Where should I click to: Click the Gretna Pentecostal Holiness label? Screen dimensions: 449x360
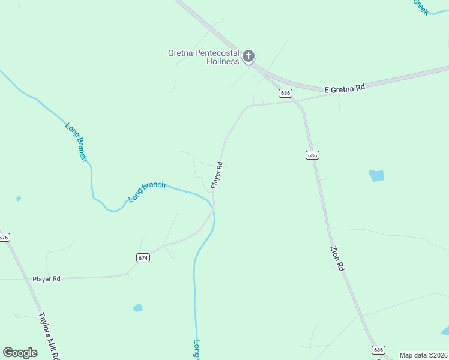pyautogui.click(x=203, y=57)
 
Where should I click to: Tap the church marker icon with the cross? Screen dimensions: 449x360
pyautogui.click(x=249, y=56)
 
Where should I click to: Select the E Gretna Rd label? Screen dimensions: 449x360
pyautogui.click(x=345, y=88)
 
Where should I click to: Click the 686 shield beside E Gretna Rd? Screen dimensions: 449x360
pyautogui.click(x=285, y=93)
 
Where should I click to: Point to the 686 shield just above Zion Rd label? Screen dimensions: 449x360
pyautogui.click(x=311, y=155)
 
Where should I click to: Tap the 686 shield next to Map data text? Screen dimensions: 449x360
pyautogui.click(x=378, y=349)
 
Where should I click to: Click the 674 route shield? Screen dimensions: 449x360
pyautogui.click(x=142, y=257)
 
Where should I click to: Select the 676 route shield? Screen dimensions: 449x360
pyautogui.click(x=4, y=238)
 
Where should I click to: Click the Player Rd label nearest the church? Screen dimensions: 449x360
pyautogui.click(x=217, y=175)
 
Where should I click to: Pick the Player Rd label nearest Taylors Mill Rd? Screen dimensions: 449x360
pyautogui.click(x=47, y=279)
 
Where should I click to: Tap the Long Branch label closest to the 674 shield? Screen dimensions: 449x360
pyautogui.click(x=147, y=192)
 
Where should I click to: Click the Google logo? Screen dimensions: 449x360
pyautogui.click(x=20, y=353)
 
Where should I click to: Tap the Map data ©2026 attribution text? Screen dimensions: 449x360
pyautogui.click(x=423, y=355)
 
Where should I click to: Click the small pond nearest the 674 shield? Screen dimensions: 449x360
pyautogui.click(x=138, y=308)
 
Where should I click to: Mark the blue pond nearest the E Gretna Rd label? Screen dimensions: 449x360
pyautogui.click(x=376, y=176)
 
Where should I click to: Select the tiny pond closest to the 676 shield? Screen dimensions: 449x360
pyautogui.click(x=19, y=198)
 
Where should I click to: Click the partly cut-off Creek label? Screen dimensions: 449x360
pyautogui.click(x=420, y=7)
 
